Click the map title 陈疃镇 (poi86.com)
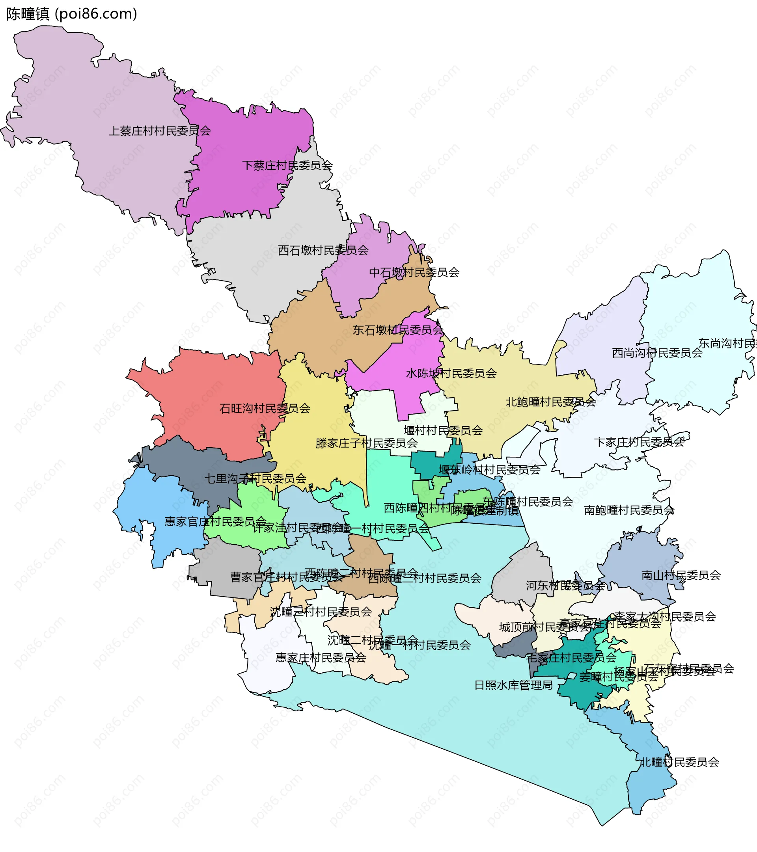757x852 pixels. coord(72,14)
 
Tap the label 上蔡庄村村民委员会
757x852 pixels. coord(160,131)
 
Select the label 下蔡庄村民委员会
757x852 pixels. coord(287,166)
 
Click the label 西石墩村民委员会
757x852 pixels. coord(323,250)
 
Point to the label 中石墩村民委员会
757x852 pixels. coord(414,272)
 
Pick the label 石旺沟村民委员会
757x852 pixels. coord(265,408)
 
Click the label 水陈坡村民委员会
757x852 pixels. coord(451,373)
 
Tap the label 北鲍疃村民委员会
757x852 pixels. coord(550,402)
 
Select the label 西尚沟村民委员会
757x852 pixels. coord(657,353)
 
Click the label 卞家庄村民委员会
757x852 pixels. coord(639,442)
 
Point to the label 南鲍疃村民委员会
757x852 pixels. coord(629,510)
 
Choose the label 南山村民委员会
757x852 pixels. coord(681,575)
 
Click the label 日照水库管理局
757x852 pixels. coord(513,685)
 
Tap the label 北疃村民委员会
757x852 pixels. coord(679,762)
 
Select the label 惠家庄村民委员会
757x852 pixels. coord(321,657)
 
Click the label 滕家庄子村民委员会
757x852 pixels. coord(367,443)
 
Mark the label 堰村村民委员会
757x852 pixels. coord(443,430)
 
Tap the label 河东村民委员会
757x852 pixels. coord(565,585)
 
